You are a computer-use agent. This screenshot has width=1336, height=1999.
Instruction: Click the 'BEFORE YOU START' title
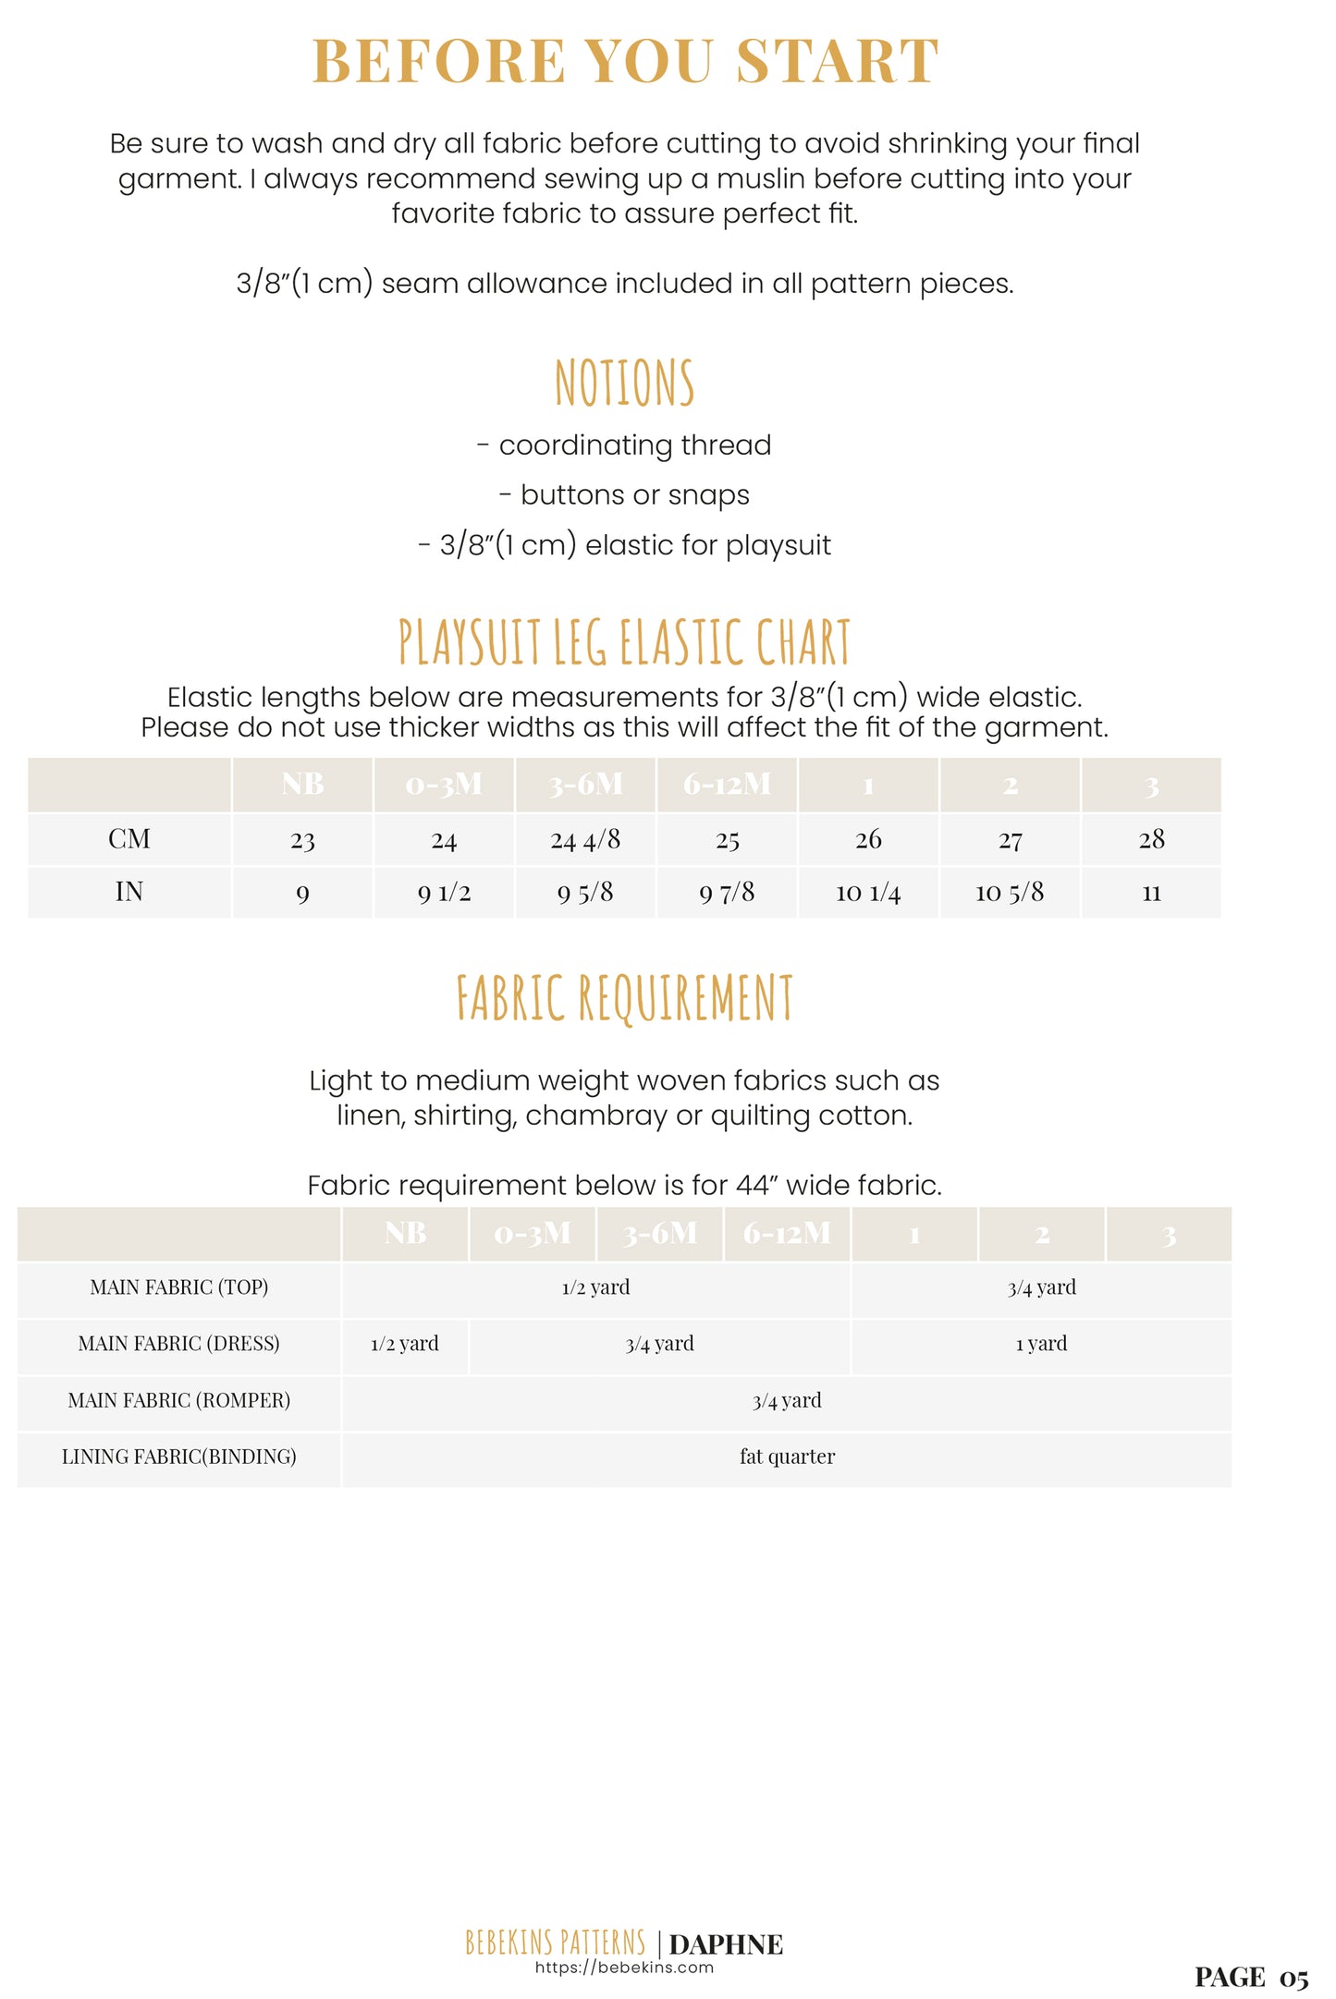tap(626, 62)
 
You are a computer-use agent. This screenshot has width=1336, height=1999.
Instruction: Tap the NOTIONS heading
tap(624, 383)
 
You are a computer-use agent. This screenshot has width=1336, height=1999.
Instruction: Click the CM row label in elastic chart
tap(129, 839)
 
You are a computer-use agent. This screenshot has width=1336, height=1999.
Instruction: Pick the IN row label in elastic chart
tap(129, 892)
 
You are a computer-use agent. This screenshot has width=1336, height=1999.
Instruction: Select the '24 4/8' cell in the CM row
tap(585, 839)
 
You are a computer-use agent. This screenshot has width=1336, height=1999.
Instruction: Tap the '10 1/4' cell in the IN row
tap(868, 892)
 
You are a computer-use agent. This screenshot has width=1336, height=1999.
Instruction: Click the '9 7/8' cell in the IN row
tap(727, 892)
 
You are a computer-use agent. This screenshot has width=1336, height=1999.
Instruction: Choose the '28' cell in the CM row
tap(1151, 839)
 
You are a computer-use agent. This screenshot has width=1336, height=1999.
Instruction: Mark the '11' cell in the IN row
tap(1151, 893)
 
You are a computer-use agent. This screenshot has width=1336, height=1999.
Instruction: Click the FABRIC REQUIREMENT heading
tap(624, 998)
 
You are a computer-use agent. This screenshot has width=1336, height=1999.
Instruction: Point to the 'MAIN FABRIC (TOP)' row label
tap(178, 1287)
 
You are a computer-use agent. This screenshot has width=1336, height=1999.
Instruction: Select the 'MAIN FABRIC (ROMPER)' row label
tap(178, 1401)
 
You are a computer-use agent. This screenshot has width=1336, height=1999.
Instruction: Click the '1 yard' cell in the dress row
tap(1041, 1344)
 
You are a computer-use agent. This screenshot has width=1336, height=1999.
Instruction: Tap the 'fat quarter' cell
tap(787, 1457)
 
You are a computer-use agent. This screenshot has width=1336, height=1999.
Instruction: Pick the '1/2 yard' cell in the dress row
tap(405, 1344)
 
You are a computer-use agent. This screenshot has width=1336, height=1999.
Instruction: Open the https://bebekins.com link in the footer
tap(624, 1968)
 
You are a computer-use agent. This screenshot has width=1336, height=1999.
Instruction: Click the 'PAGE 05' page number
tap(1251, 1977)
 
